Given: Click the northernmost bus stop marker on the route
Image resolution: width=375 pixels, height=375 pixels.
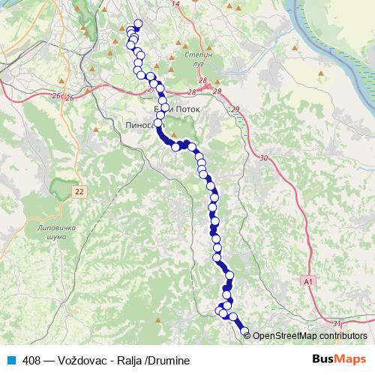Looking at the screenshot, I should pyautogui.click(x=137, y=23).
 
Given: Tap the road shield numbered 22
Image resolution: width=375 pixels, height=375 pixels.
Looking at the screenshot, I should pyautogui.click(x=79, y=193).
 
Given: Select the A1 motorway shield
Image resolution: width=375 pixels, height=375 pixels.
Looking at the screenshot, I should pyautogui.click(x=308, y=280).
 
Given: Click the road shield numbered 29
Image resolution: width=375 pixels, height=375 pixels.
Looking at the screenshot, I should pyautogui.click(x=236, y=110).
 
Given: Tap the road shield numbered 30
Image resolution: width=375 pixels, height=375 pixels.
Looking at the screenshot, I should pyautogui.click(x=262, y=158).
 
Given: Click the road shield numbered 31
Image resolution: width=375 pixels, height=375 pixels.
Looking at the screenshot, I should pyautogui.click(x=337, y=324).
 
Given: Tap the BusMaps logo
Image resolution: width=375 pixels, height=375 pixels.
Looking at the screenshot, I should pyautogui.click(x=339, y=359).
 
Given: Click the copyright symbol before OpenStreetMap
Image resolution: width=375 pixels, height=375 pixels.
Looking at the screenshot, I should pyautogui.click(x=248, y=336).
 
